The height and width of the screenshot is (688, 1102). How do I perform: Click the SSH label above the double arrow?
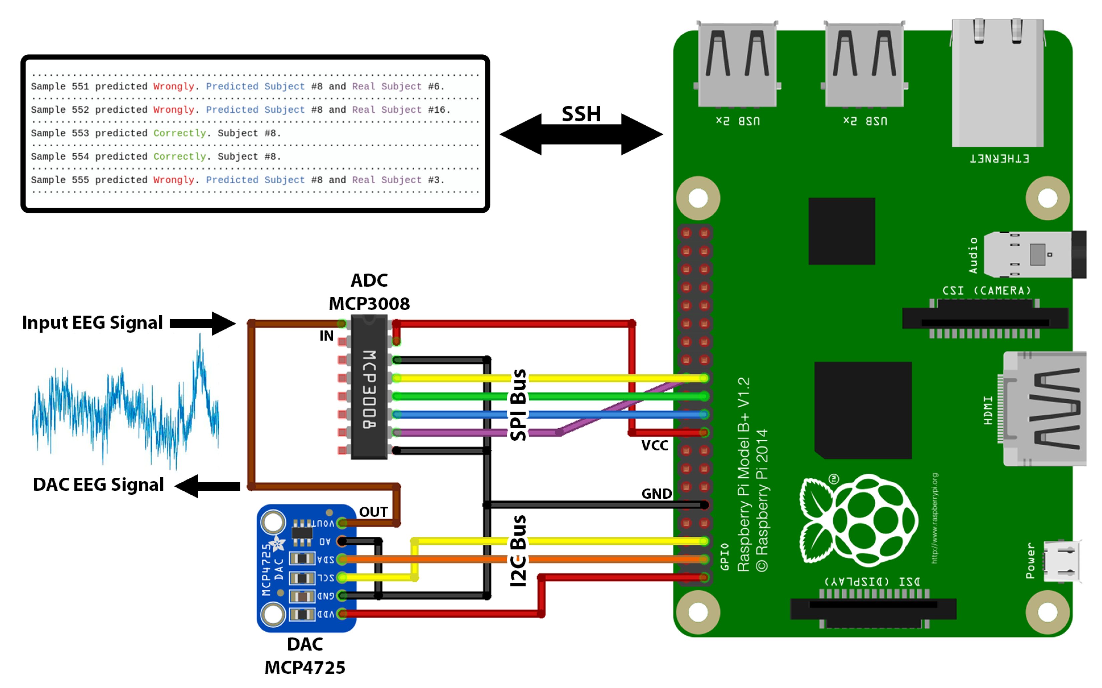(581, 114)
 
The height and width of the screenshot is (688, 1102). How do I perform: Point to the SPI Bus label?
(518, 405)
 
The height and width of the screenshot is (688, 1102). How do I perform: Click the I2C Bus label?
(518, 550)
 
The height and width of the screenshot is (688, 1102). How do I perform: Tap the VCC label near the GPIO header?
(654, 445)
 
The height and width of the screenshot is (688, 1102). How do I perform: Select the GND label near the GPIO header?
(656, 494)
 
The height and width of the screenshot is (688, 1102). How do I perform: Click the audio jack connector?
(1033, 254)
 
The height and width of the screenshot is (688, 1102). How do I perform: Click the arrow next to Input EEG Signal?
(203, 323)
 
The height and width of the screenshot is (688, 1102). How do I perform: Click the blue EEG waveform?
(125, 410)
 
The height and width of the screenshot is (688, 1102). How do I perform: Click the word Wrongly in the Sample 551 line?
(173, 86)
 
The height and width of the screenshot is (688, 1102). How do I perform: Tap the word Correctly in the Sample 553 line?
(179, 133)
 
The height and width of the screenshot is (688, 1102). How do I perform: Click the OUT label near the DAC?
(373, 512)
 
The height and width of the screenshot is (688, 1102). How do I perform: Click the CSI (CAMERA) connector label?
(986, 290)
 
